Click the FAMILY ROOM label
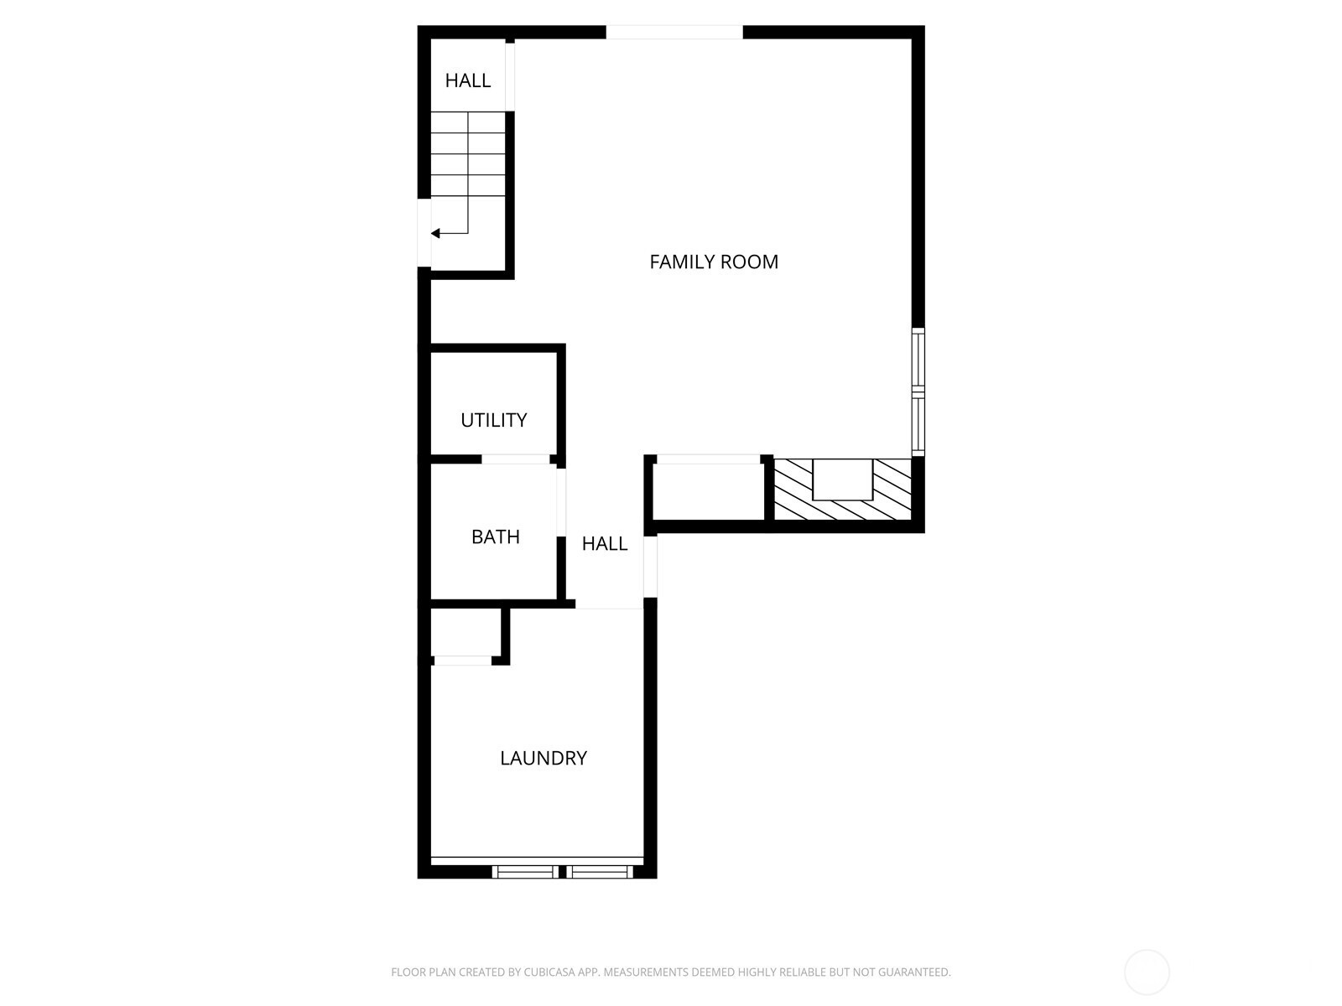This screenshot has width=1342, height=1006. pyautogui.click(x=714, y=262)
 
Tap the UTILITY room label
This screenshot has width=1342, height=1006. pyautogui.click(x=493, y=420)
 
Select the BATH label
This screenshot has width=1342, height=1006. pyautogui.click(x=495, y=537)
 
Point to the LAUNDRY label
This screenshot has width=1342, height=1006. pyautogui.click(x=543, y=757)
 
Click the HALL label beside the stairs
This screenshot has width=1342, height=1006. pyautogui.click(x=468, y=80)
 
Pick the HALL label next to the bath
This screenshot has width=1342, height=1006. pyautogui.click(x=604, y=543)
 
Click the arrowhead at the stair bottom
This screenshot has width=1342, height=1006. pyautogui.click(x=435, y=233)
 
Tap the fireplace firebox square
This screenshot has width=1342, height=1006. pyautogui.click(x=842, y=479)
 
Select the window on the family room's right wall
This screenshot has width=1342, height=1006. pyautogui.click(x=918, y=392)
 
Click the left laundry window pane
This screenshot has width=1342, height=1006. pyautogui.click(x=525, y=872)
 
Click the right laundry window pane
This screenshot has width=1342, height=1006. pyautogui.click(x=600, y=872)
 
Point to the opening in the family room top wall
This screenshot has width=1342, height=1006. pyautogui.click(x=674, y=33)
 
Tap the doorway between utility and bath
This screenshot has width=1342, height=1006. pyautogui.click(x=515, y=459)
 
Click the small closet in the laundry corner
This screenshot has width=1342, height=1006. pyautogui.click(x=466, y=631)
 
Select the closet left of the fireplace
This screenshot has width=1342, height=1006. pyautogui.click(x=708, y=492)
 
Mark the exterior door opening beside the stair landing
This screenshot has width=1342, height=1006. pyautogui.click(x=424, y=233)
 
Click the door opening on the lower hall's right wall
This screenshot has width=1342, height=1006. pyautogui.click(x=651, y=566)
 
